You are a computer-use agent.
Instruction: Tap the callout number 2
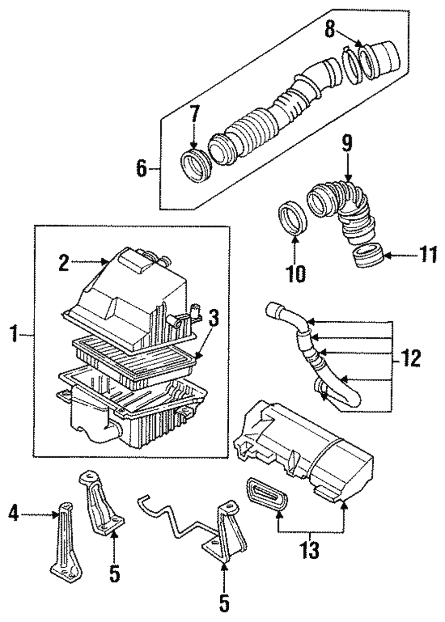point(64,263)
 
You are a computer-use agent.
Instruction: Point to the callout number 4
point(13,515)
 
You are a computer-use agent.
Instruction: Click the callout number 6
point(142,169)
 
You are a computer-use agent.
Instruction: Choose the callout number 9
point(347,144)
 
